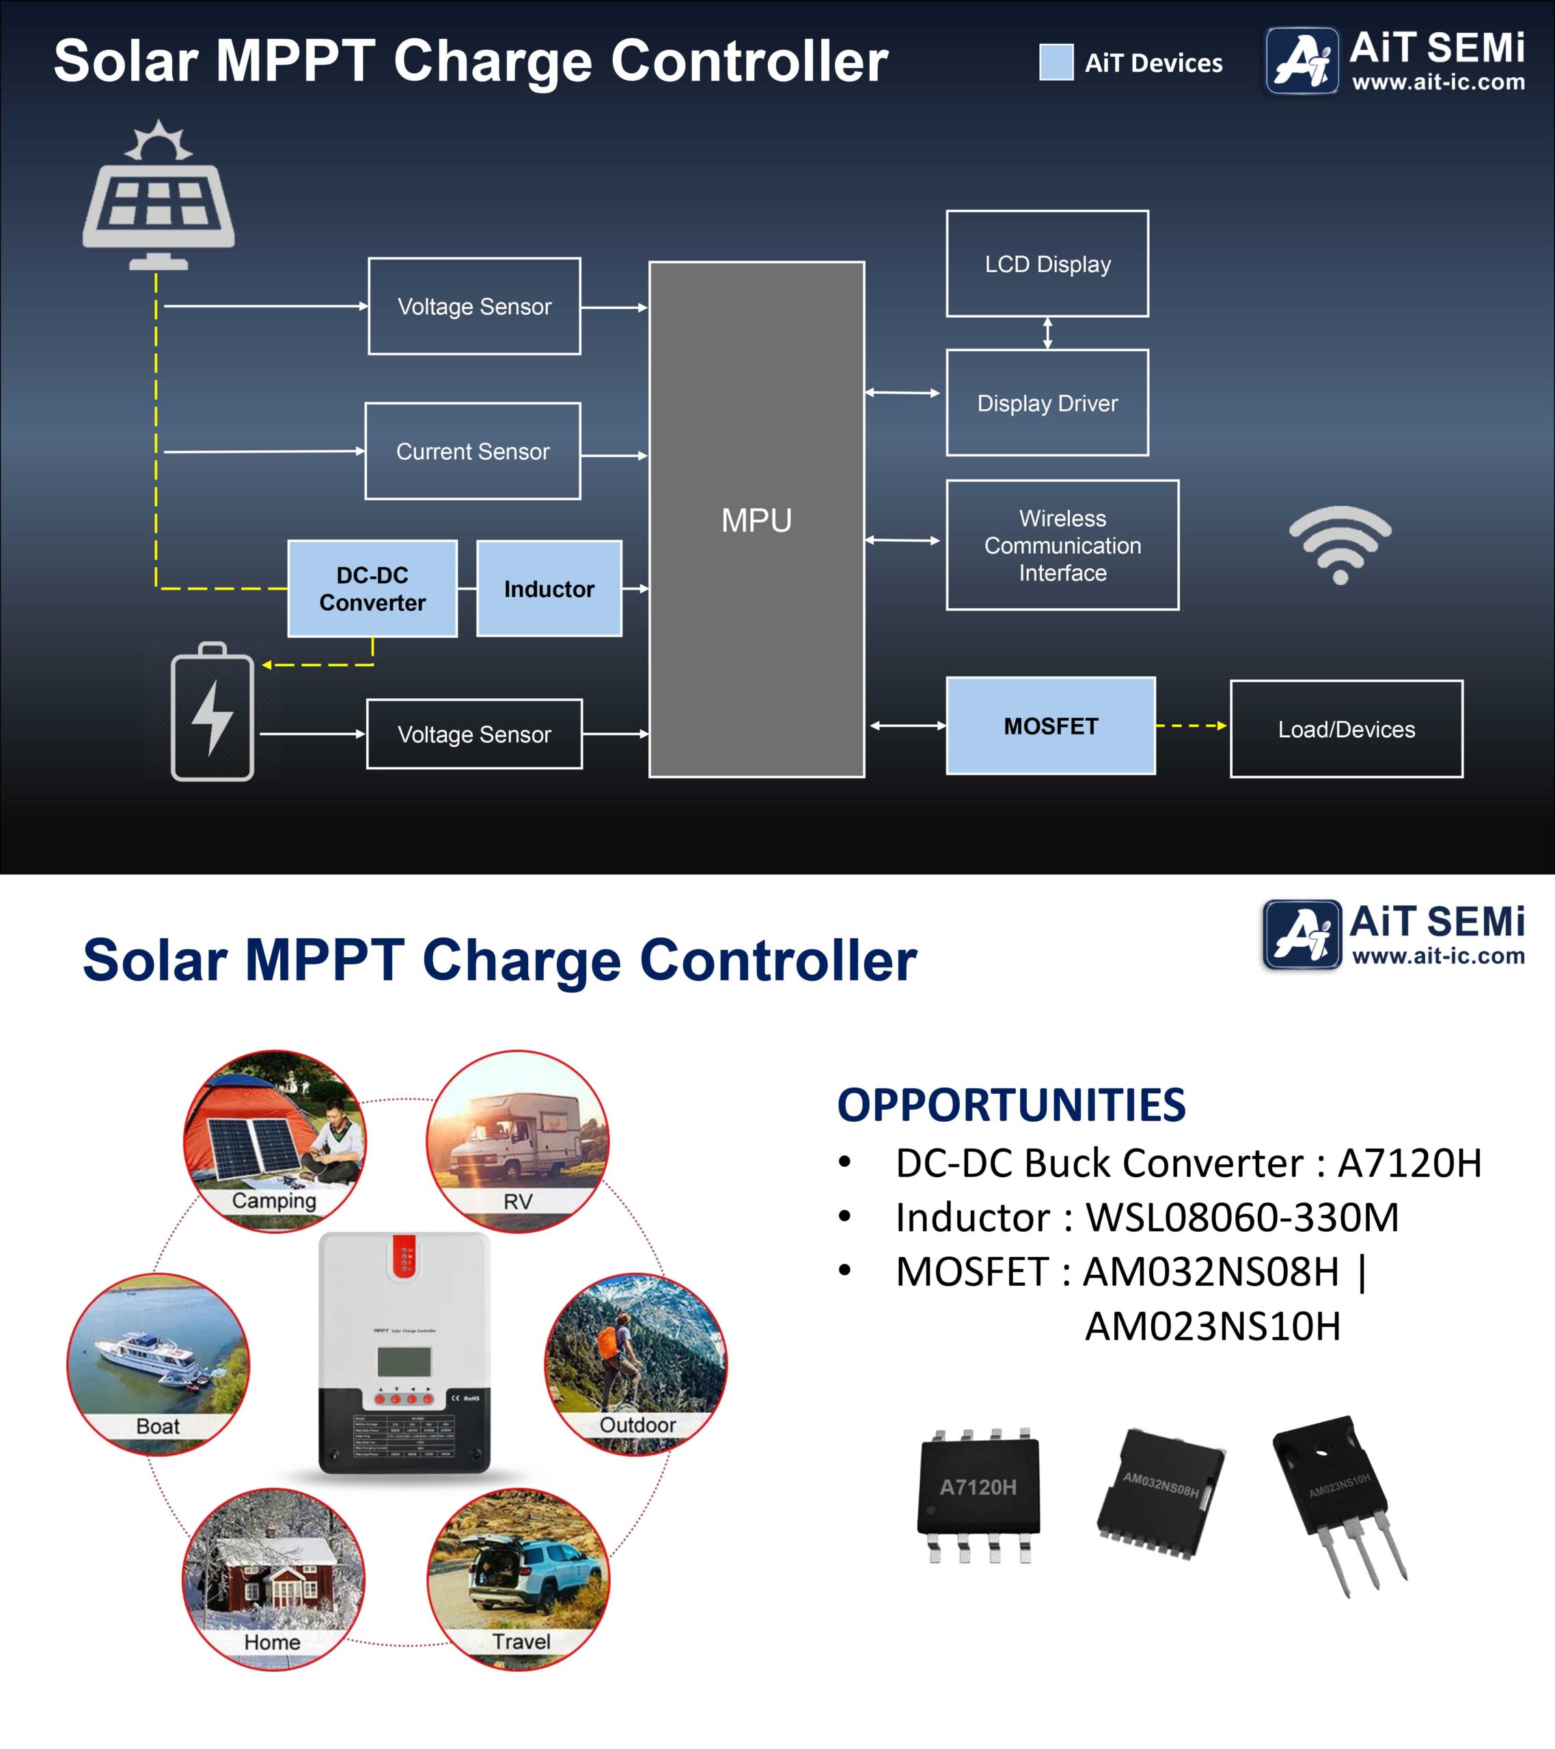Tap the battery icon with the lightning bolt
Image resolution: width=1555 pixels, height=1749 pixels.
tap(212, 712)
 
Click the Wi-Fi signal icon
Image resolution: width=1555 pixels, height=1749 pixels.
tap(1340, 545)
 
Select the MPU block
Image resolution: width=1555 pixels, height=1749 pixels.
tap(756, 519)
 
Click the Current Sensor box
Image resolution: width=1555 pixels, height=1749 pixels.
tap(472, 451)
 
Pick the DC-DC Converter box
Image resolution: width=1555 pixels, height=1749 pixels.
tap(372, 589)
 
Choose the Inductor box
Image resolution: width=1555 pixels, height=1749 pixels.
tap(549, 589)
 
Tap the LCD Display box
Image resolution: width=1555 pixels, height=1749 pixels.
tap(1047, 264)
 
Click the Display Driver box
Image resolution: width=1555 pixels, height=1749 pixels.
tap(1047, 403)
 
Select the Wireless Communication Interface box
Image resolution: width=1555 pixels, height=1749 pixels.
tap(1062, 545)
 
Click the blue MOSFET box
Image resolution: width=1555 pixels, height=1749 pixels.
tap(1050, 726)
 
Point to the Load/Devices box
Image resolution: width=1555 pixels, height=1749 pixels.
tap(1346, 729)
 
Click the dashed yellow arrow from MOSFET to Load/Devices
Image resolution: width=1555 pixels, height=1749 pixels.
tap(1192, 726)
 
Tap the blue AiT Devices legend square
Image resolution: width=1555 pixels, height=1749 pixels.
tap(1056, 62)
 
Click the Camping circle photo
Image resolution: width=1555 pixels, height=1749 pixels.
tap(275, 1142)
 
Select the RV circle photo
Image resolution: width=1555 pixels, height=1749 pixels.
tap(518, 1142)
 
